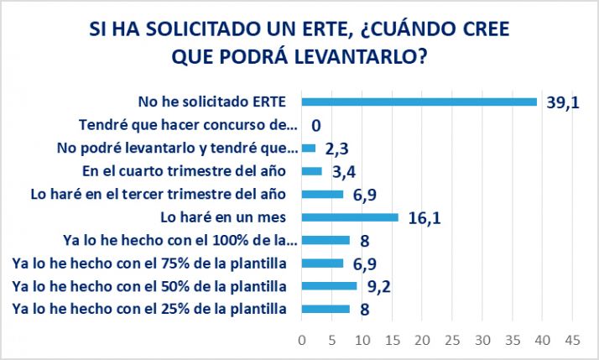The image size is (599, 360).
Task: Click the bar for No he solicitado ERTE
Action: tap(419, 102)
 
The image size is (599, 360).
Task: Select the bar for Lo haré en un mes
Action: tap(350, 217)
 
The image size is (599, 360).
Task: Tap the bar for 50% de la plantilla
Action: tap(329, 286)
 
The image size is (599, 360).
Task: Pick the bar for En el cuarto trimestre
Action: tap(312, 171)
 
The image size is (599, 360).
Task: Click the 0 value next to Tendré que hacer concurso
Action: tap(316, 126)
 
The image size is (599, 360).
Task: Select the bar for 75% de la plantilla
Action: tap(322, 263)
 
